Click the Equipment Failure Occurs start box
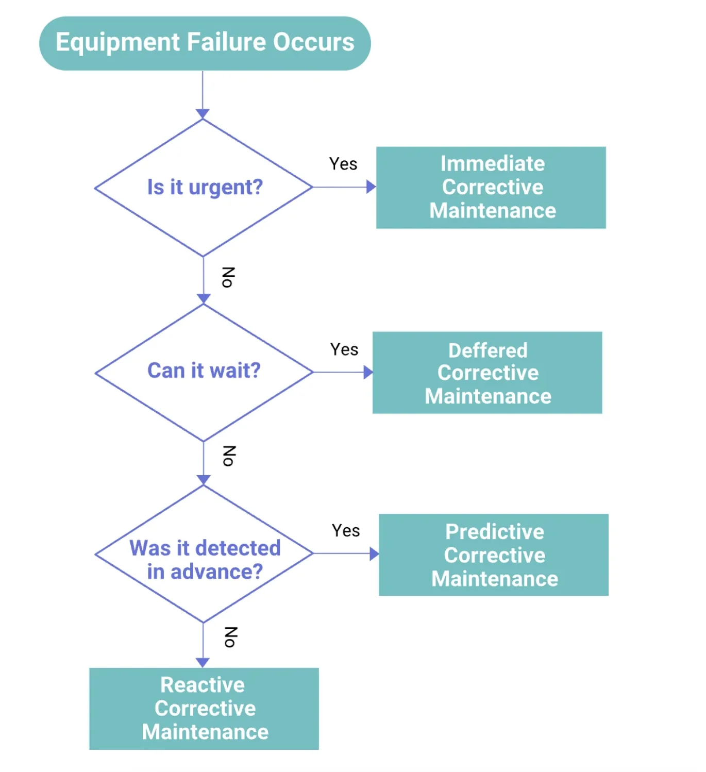pyautogui.click(x=205, y=43)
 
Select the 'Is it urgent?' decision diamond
pyautogui.click(x=204, y=188)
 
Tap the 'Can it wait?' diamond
pyautogui.click(x=204, y=372)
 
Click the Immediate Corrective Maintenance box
pyautogui.click(x=491, y=188)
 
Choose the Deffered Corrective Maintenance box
pyautogui.click(x=488, y=373)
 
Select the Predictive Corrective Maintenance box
pyautogui.click(x=494, y=555)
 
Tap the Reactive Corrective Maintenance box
pyautogui.click(x=204, y=709)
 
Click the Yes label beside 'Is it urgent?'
pyautogui.click(x=343, y=164)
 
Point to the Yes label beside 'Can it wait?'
pyautogui.click(x=344, y=349)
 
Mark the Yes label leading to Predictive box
pyautogui.click(x=346, y=531)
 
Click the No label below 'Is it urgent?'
pyautogui.click(x=228, y=277)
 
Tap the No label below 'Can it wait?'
pyautogui.click(x=229, y=456)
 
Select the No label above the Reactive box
pyautogui.click(x=230, y=637)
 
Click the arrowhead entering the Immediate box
pyautogui.click(x=371, y=187)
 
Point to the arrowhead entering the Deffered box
pyautogui.click(x=368, y=372)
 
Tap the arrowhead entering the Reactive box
pyautogui.click(x=203, y=662)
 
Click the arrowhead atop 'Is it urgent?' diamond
pyautogui.click(x=203, y=113)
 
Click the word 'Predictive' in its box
pyautogui.click(x=495, y=532)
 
